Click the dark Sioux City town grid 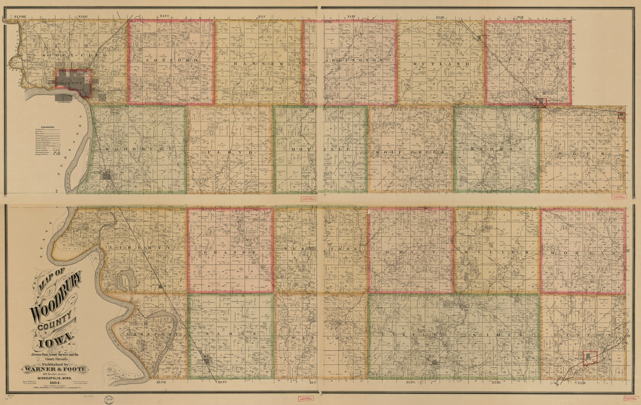tap(73, 83)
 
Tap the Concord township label tap(171, 60)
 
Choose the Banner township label tap(258, 62)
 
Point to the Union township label tap(528, 59)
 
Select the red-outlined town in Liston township tap(590, 358)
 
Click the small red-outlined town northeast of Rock tap(622, 115)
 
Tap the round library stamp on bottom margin tap(108, 400)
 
